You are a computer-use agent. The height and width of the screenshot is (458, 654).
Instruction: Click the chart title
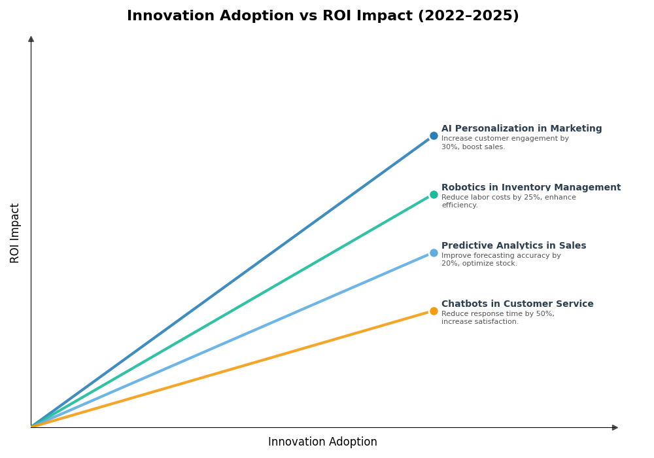click(322, 16)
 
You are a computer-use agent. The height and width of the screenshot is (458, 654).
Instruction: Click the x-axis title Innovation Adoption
click(322, 442)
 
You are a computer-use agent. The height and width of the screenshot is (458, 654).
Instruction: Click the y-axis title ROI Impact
click(15, 233)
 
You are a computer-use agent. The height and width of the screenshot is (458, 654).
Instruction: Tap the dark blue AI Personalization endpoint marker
click(434, 136)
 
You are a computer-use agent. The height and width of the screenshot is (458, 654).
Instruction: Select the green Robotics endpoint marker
click(434, 194)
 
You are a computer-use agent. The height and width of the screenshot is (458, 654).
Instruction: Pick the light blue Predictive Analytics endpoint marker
click(434, 253)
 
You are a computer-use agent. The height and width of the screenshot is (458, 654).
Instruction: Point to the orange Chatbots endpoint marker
click(434, 311)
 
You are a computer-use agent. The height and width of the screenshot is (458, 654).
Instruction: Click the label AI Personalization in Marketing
click(521, 129)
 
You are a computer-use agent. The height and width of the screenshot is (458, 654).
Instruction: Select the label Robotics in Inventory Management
click(530, 188)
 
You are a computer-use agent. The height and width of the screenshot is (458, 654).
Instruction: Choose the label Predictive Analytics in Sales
click(513, 246)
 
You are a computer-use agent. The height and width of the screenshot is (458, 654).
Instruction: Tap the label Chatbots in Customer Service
click(517, 304)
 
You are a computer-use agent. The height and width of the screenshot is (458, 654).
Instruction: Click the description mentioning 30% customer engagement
click(505, 143)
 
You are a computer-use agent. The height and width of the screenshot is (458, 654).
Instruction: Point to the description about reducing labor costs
click(508, 202)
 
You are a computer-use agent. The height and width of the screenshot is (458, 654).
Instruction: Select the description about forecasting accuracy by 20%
click(501, 260)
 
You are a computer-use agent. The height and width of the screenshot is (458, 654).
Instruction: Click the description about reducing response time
click(498, 318)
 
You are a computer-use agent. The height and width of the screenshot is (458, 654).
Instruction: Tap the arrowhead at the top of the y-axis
click(31, 39)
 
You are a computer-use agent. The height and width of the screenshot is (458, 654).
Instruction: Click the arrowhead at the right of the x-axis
click(615, 427)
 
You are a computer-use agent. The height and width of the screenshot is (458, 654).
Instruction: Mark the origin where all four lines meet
click(31, 427)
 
